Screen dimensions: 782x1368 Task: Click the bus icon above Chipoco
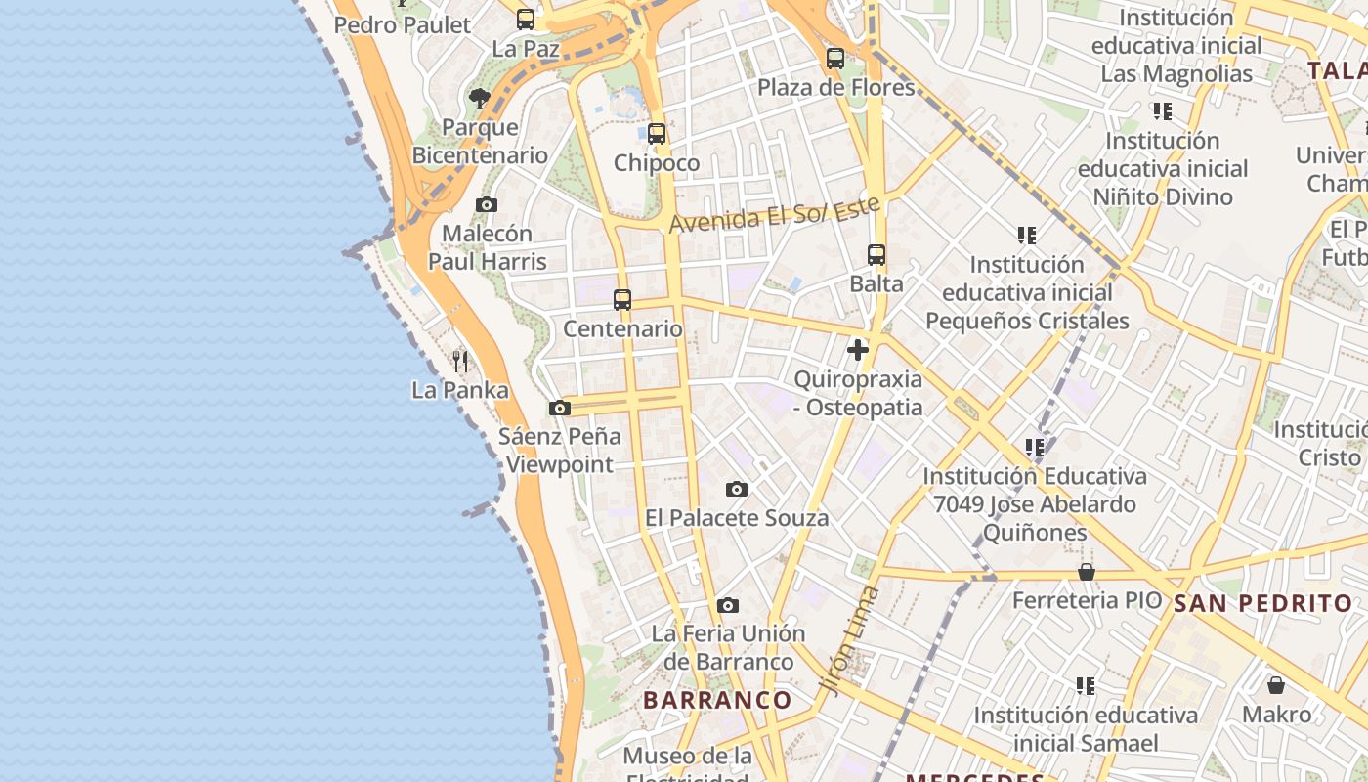click(657, 134)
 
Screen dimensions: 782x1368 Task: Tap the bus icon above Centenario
click(622, 300)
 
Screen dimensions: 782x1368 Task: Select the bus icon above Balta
click(876, 255)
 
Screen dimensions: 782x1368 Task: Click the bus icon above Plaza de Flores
click(834, 59)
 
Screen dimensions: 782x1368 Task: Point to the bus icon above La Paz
click(526, 20)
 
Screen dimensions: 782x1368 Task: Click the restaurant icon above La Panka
click(460, 362)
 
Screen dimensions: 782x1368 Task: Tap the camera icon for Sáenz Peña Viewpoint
click(560, 409)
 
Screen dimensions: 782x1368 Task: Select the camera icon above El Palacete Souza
click(737, 490)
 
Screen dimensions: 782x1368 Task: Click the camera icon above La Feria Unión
click(728, 606)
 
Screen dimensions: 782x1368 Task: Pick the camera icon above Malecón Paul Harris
click(487, 205)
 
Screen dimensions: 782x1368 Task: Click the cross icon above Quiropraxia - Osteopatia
click(858, 350)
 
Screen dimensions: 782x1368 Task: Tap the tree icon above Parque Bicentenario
click(479, 99)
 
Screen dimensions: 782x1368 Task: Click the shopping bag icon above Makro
click(1276, 686)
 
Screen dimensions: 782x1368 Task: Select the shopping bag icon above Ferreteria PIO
click(1087, 572)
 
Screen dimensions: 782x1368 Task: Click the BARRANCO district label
click(717, 700)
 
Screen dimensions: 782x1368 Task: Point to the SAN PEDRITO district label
click(1262, 603)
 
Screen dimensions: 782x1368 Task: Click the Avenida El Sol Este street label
click(774, 214)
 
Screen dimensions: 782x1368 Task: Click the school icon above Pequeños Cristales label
click(1026, 236)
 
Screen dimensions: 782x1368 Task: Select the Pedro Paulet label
click(403, 25)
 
